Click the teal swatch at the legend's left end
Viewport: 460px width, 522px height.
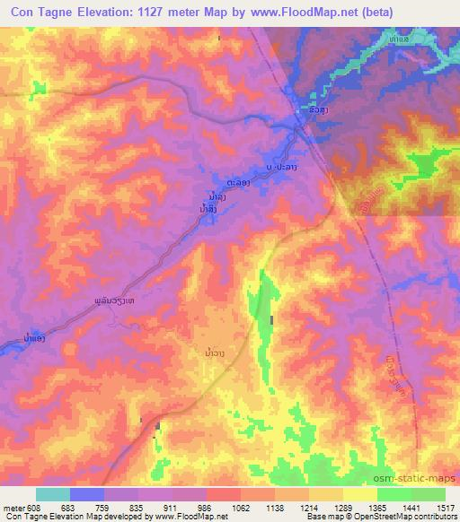53,494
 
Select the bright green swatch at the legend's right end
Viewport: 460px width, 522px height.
428,494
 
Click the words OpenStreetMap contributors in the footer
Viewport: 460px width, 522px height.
409,517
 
